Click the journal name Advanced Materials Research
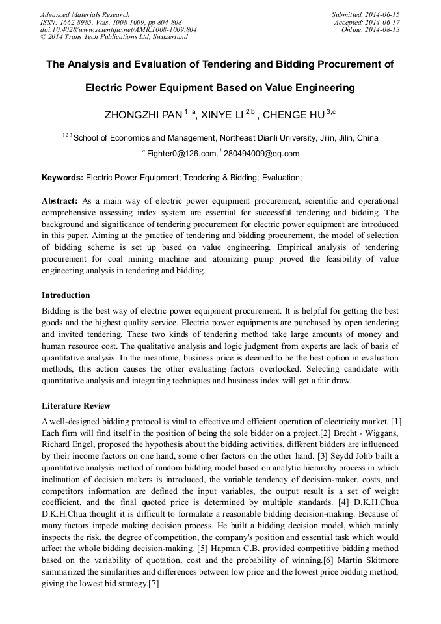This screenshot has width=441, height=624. click(85, 14)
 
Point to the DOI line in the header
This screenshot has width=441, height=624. click(118, 29)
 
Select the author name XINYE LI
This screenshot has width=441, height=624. click(222, 115)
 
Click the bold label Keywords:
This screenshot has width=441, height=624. click(62, 177)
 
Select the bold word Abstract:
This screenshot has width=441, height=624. click(60, 201)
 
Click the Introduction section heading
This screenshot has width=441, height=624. click(66, 295)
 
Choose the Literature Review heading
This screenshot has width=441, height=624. click(76, 406)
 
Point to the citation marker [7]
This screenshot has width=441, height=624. click(153, 584)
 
